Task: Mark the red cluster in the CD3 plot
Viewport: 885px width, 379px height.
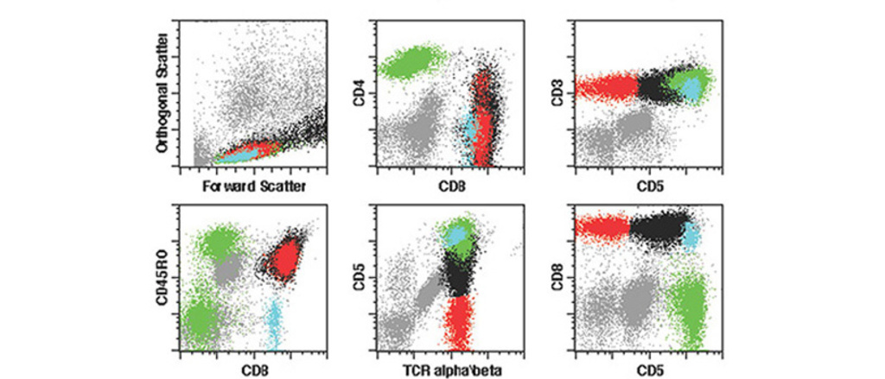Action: click(x=605, y=88)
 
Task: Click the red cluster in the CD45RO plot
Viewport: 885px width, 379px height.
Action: click(x=285, y=256)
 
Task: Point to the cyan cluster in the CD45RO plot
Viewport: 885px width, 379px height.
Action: click(x=274, y=318)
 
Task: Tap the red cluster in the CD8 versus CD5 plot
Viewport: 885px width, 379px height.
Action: click(x=601, y=228)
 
